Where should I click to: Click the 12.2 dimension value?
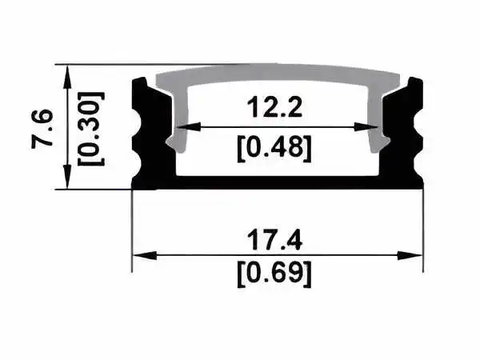(274, 106)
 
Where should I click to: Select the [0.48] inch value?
(274, 149)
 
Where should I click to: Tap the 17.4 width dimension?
(274, 240)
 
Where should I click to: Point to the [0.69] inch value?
(274, 274)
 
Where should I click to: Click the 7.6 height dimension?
(42, 129)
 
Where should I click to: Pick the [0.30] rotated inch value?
(91, 129)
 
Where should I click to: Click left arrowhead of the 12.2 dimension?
(189, 126)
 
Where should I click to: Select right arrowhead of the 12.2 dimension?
(366, 126)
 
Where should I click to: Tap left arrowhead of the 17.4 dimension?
(145, 255)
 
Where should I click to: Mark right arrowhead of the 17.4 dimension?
(410, 255)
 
